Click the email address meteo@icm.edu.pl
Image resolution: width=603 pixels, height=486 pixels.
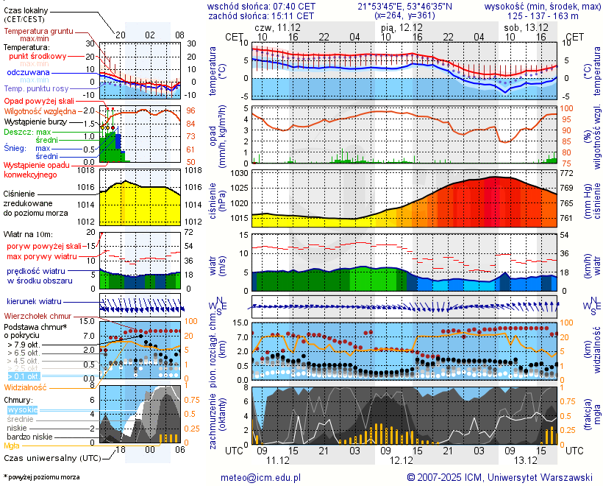(x=261, y=478)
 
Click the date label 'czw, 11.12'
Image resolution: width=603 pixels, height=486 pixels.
(x=276, y=27)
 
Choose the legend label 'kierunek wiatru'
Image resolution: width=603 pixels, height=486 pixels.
(x=34, y=302)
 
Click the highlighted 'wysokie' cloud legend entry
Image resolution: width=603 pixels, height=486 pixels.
(x=22, y=409)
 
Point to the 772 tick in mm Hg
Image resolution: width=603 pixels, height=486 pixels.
(x=568, y=173)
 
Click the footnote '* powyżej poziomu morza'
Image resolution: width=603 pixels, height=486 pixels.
(x=41, y=477)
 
